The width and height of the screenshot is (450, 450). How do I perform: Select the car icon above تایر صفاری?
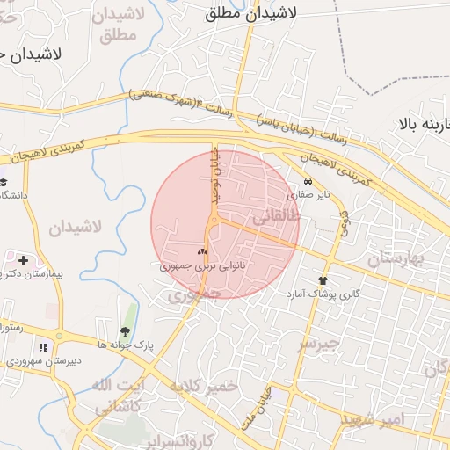tap(307, 182)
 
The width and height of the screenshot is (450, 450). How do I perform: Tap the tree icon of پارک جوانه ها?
tap(125, 332)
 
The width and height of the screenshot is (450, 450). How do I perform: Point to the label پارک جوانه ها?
tap(126, 345)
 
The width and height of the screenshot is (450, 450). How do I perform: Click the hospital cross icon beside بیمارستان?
tap(22, 260)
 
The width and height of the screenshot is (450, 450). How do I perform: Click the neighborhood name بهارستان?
tap(396, 258)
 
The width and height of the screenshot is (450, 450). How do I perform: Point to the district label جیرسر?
tap(316, 343)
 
